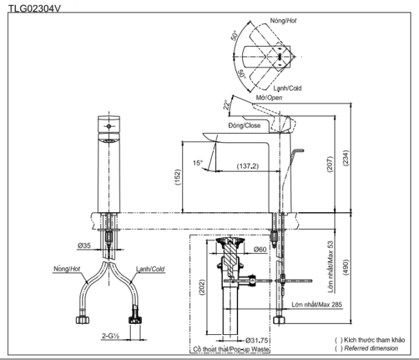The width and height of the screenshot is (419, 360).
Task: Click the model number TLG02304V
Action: click(35, 8)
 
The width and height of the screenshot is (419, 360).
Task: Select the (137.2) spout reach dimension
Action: click(248, 166)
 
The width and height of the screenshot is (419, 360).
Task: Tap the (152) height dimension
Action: click(177, 177)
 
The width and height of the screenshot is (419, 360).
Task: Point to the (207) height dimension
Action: click(330, 164)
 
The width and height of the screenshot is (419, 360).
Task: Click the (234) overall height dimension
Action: click(346, 158)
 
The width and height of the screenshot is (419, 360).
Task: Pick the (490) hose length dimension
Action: click(346, 268)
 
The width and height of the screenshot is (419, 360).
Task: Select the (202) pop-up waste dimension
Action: click(203, 287)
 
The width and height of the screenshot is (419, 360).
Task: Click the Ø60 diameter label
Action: click(260, 250)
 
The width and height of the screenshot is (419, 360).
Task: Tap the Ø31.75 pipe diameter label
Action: click(256, 340)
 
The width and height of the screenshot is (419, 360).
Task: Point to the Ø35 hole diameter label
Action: click(84, 245)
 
